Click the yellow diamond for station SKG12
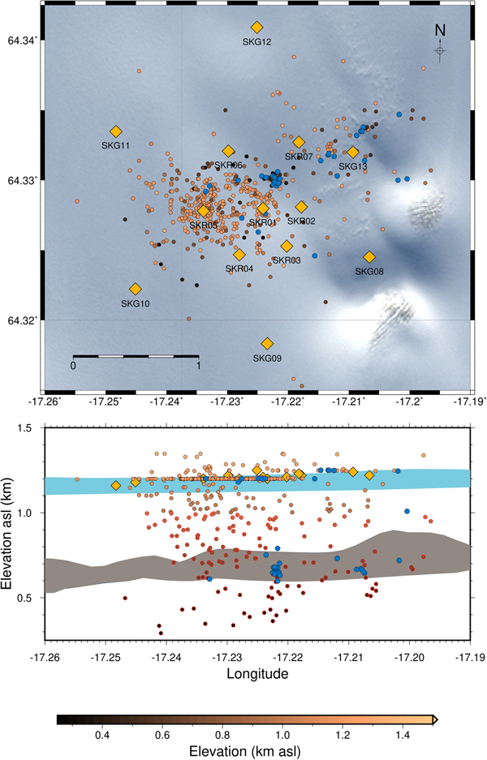256,28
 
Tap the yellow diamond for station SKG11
115,131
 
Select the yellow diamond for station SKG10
136,289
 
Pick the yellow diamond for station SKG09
267,343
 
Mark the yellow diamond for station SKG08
369,257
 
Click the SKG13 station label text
353,166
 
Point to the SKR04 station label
239,268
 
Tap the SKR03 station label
287,260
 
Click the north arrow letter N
439,30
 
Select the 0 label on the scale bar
73,366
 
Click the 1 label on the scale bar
198,366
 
